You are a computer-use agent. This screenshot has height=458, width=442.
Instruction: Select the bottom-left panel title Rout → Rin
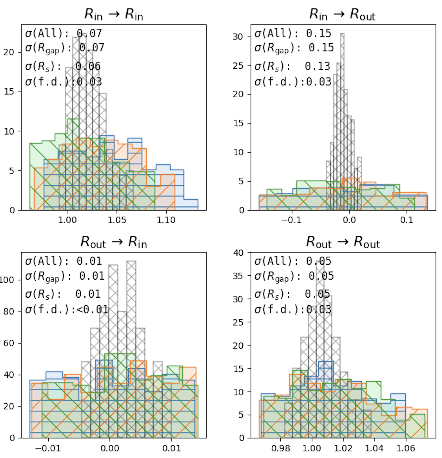[114, 242]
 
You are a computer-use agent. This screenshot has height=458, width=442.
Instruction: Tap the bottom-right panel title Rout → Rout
[343, 242]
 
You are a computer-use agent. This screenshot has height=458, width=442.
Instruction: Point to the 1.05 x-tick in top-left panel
[117, 220]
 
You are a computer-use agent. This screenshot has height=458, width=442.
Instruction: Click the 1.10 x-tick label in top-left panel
[166, 220]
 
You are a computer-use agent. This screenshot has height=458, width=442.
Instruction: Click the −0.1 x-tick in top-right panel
[291, 220]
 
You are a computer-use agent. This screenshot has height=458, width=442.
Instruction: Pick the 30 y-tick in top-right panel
[238, 37]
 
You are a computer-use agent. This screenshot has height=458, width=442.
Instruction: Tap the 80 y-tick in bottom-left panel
[9, 312]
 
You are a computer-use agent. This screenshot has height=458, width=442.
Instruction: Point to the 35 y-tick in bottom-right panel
[238, 276]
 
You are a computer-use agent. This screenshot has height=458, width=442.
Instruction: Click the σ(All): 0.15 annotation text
[293, 34]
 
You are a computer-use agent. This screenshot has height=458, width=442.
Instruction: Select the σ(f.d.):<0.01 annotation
[67, 309]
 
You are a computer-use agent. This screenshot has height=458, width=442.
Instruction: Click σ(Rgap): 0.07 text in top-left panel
[64, 48]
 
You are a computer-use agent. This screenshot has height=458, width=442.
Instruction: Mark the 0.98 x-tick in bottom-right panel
[280, 448]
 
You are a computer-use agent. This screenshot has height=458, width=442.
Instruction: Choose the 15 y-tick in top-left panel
[9, 92]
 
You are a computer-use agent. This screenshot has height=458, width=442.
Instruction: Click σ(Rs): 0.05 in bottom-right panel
[292, 294]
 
